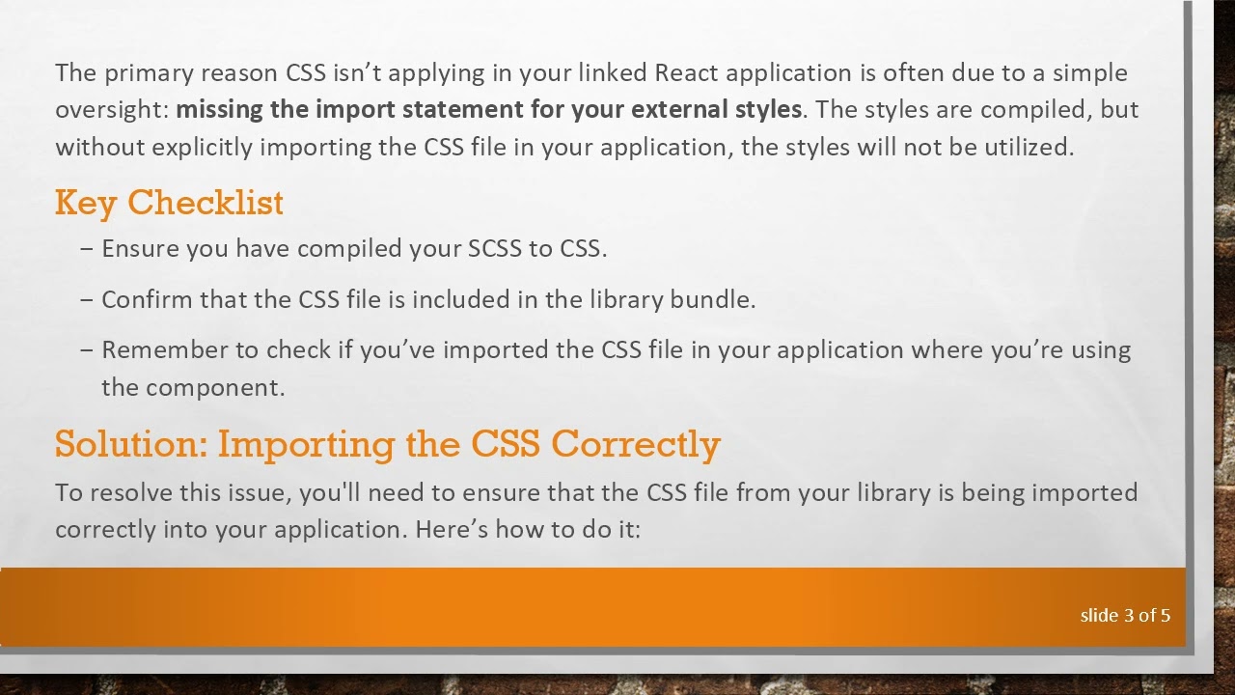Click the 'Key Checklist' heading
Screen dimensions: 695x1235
tap(169, 203)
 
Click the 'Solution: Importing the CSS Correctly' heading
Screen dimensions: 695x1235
tap(387, 444)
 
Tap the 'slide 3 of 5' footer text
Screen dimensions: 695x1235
tap(1125, 615)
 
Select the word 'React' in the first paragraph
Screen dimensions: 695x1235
tap(686, 73)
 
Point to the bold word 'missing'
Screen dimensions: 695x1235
tap(219, 109)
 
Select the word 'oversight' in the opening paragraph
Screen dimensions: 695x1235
tap(109, 109)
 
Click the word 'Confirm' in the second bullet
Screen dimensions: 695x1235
tap(147, 299)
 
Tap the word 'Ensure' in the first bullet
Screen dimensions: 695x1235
tap(140, 248)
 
